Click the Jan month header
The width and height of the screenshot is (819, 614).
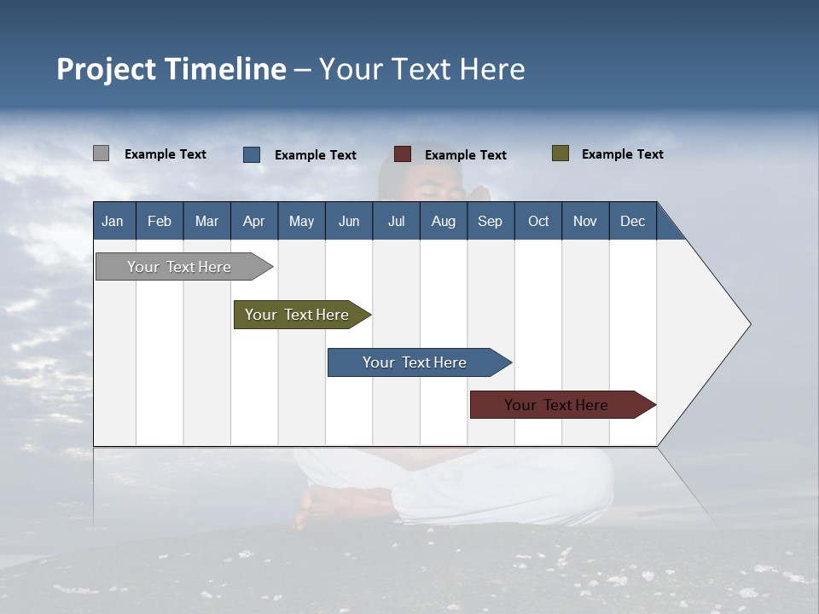(113, 221)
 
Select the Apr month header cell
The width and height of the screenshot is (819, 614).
(253, 221)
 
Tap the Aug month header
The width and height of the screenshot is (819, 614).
(443, 221)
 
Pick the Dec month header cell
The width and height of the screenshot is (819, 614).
(632, 221)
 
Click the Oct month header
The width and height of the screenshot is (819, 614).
(537, 221)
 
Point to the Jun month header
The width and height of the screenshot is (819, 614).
(348, 221)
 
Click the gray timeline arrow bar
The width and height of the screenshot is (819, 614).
(179, 267)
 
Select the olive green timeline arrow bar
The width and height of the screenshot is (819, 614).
(297, 315)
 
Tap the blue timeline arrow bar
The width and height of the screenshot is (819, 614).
(415, 362)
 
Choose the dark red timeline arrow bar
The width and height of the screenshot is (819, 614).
(556, 405)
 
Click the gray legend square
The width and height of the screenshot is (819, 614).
(101, 153)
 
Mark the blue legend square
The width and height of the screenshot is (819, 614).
(252, 154)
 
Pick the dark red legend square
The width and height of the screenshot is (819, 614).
(403, 154)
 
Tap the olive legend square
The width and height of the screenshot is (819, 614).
(560, 153)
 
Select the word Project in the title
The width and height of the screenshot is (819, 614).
(107, 69)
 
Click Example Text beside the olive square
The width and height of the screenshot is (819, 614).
(622, 154)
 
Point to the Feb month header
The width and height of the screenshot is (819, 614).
(160, 221)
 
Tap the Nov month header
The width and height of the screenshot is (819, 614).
(584, 221)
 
